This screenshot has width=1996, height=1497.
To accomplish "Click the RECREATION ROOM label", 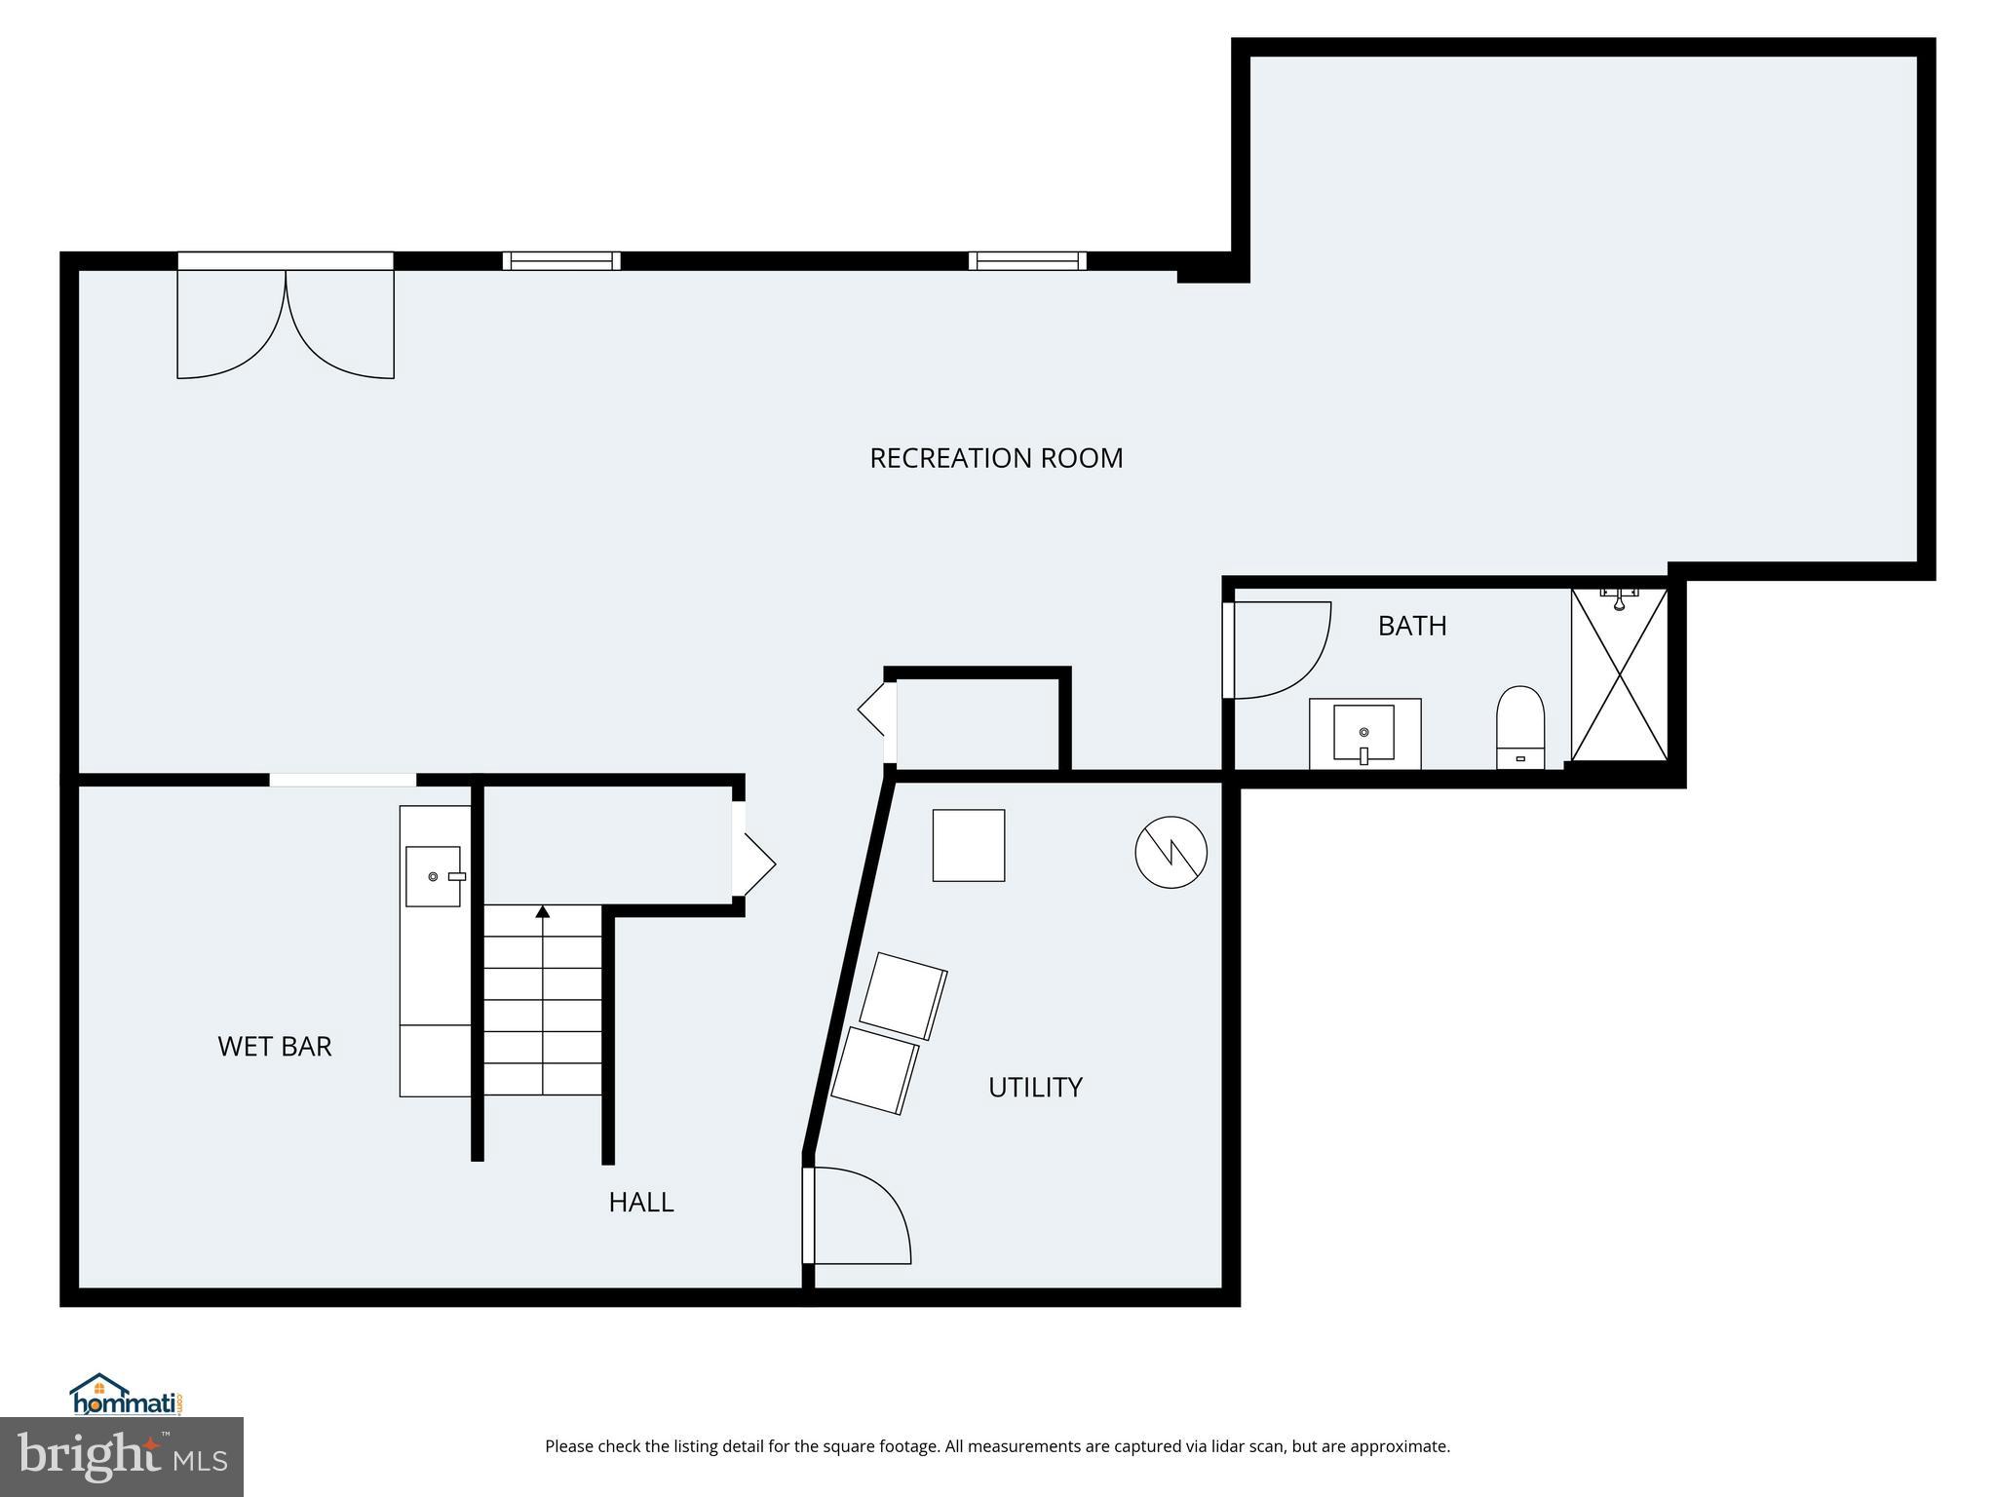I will [x=996, y=458].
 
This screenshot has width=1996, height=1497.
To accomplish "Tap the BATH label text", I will [x=1411, y=626].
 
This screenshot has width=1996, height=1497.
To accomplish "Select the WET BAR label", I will [x=275, y=1047].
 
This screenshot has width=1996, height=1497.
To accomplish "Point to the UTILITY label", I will [x=1035, y=1088].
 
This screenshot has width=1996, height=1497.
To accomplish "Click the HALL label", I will [x=641, y=1203].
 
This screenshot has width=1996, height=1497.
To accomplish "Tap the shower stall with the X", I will [x=1619, y=674].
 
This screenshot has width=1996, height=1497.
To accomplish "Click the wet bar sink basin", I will [x=433, y=876].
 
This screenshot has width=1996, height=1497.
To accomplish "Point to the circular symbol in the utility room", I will [x=1171, y=852].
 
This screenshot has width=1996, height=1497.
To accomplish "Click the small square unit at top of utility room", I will [x=968, y=845].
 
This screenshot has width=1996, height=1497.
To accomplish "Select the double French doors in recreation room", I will [x=286, y=322].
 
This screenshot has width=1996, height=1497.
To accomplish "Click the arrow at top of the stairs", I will [x=543, y=912].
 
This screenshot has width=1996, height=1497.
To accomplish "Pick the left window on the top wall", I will [x=561, y=261].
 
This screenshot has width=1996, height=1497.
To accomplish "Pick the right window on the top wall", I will [x=1027, y=261].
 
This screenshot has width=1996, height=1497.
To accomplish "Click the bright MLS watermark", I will [x=122, y=1457].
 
